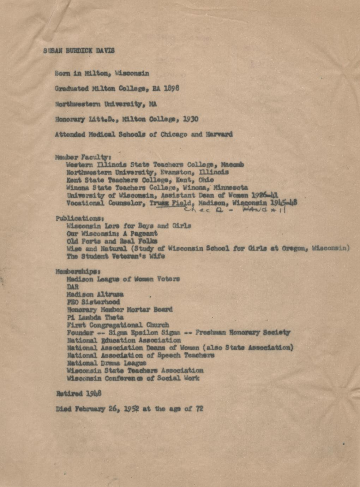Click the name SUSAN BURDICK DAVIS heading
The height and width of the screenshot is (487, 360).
[79, 51]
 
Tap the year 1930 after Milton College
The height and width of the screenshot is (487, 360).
[191, 119]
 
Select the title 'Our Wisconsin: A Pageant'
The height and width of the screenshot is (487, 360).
[112, 233]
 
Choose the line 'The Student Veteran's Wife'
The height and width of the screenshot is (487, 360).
[116, 256]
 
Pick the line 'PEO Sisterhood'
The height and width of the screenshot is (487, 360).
[93, 302]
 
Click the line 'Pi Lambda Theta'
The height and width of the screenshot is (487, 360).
[95, 317]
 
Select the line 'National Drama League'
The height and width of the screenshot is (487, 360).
[106, 363]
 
